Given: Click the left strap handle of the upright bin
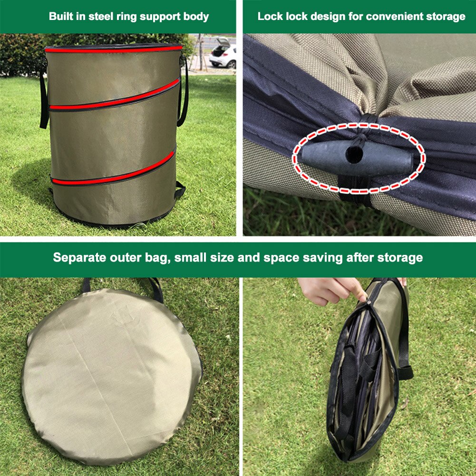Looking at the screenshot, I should (x=43, y=102).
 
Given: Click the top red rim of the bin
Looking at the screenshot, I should (x=114, y=49).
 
